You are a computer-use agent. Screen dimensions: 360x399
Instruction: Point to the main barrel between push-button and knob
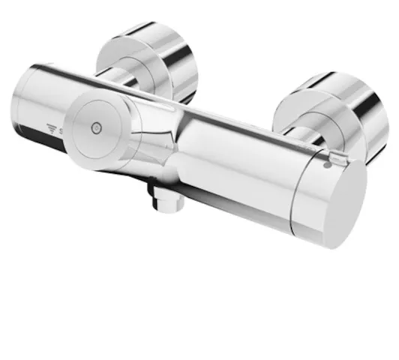click(x=232, y=157)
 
